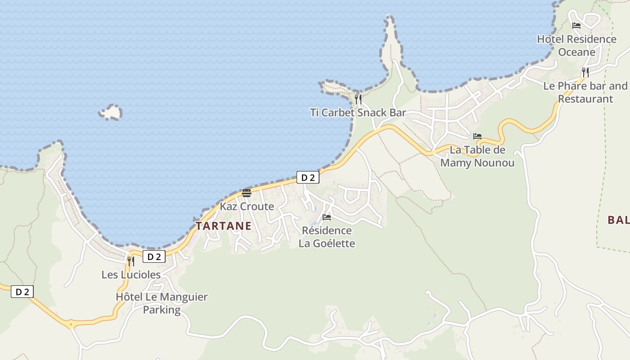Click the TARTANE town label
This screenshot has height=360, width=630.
tap(223, 226)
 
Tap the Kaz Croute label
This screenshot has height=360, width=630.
tap(247, 207)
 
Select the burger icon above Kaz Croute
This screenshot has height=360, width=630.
tap(246, 193)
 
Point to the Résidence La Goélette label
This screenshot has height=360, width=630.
tap(327, 237)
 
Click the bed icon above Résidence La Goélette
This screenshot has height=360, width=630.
tap(327, 217)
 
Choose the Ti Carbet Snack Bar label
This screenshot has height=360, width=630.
tap(358, 112)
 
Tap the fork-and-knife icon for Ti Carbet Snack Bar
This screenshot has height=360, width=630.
tap(358, 99)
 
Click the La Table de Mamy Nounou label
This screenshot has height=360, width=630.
tap(477, 156)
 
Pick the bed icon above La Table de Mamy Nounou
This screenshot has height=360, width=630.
tap(477, 136)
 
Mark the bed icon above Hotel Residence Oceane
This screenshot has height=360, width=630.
tap(576, 26)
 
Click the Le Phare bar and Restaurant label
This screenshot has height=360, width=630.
tap(585, 92)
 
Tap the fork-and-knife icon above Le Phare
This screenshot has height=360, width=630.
tap(585, 72)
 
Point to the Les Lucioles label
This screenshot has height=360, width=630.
tap(131, 274)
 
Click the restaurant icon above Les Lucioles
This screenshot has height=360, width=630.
tap(131, 261)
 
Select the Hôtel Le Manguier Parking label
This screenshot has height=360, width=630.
tap(162, 303)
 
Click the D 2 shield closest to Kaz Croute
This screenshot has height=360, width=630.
tap(308, 178)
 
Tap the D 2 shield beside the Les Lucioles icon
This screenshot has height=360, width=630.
tap(154, 257)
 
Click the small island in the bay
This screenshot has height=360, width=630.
tap(111, 112)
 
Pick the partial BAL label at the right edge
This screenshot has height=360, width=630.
tap(618, 220)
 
